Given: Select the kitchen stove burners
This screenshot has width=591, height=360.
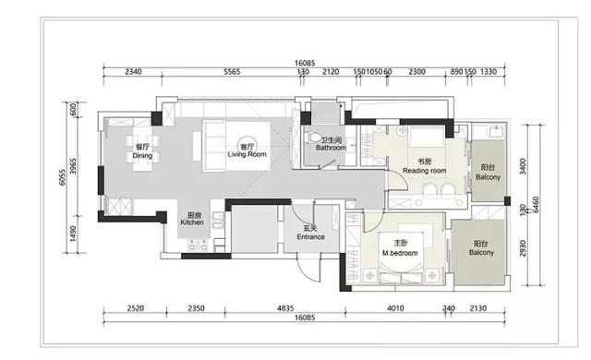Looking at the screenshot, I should [x=195, y=246].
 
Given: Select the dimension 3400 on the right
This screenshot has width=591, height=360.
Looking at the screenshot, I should [x=523, y=167].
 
